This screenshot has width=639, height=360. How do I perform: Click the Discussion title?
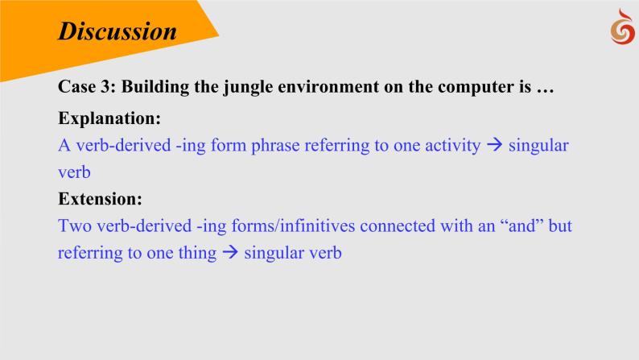117,31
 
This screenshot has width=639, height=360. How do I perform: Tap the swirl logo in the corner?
623,27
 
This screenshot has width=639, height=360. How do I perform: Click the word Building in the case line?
155,87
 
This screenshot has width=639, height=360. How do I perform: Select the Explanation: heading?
109,118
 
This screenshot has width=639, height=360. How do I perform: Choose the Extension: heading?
101,199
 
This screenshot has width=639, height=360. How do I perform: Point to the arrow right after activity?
495,145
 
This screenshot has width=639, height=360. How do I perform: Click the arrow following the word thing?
230,252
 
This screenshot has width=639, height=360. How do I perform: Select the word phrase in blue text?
275,146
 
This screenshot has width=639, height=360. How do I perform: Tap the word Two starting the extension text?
75,226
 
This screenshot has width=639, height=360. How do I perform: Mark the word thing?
197,253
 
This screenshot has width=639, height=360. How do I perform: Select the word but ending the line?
560,226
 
